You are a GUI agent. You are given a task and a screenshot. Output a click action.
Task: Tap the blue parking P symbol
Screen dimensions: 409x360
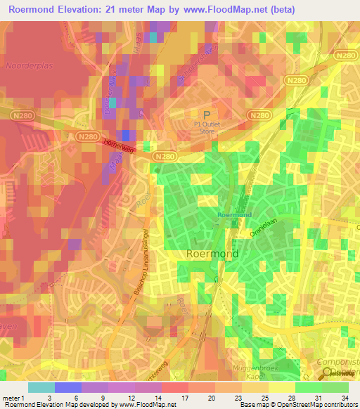(x=207, y=115)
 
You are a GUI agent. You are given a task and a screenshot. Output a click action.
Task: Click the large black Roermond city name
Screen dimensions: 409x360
(x=212, y=254)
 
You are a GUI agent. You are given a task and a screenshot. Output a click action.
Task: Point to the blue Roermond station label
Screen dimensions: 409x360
(x=234, y=214)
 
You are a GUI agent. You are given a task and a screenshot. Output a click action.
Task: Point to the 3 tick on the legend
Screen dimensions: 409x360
(x=49, y=397)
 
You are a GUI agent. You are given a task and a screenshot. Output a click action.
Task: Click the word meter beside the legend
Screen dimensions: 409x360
(x=13, y=397)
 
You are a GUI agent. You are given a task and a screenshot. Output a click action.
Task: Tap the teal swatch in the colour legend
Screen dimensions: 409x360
(x=41, y=387)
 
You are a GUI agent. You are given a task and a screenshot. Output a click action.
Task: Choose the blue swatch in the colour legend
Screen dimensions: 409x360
(x=68, y=387)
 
